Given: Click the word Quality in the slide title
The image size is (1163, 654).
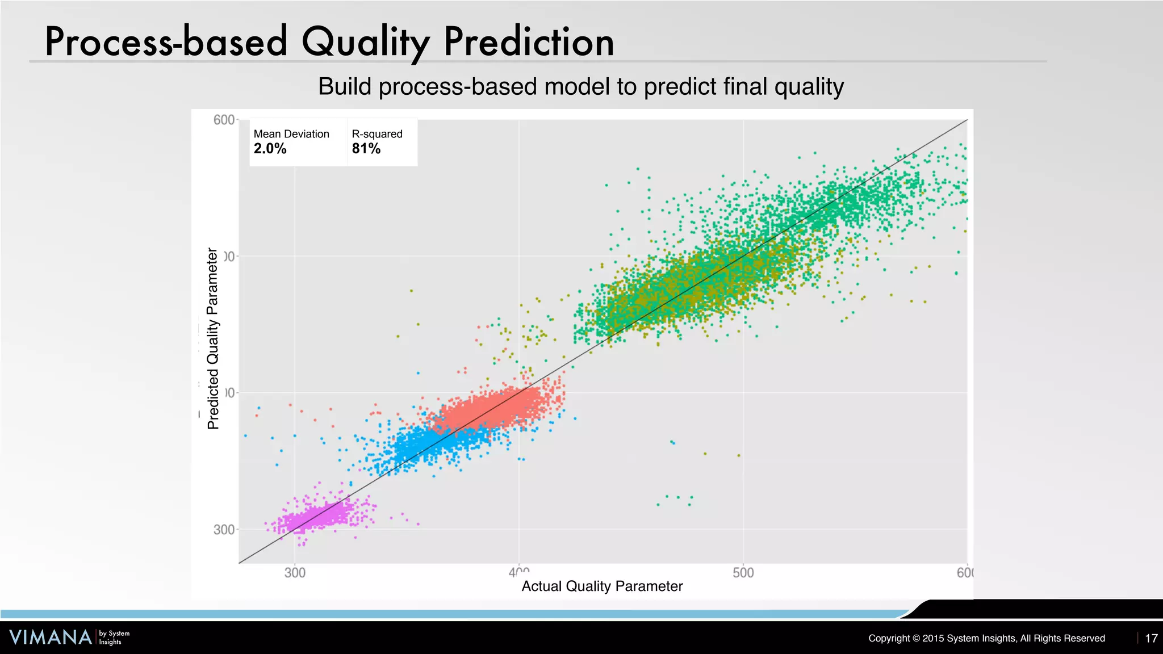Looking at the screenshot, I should pyautogui.click(x=365, y=43).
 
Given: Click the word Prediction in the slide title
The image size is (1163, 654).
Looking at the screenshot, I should pyautogui.click(x=529, y=43).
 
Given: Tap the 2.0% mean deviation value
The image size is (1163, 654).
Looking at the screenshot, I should pyautogui.click(x=270, y=149).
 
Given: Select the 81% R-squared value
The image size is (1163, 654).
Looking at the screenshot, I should pyautogui.click(x=366, y=149).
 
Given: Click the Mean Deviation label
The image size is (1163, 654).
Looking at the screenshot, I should pyautogui.click(x=291, y=134).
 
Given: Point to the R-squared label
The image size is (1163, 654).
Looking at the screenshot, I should pyautogui.click(x=376, y=134).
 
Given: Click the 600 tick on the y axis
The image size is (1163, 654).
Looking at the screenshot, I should pyautogui.click(x=224, y=120).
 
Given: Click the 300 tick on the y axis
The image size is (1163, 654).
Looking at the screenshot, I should pyautogui.click(x=224, y=529).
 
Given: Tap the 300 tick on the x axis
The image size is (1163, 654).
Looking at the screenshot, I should pyautogui.click(x=295, y=573).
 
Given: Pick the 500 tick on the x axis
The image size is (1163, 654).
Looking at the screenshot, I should pyautogui.click(x=743, y=573).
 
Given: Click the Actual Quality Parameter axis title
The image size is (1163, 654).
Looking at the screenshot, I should pyautogui.click(x=602, y=586).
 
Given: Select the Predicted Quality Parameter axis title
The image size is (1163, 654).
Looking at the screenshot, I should pyautogui.click(x=213, y=338).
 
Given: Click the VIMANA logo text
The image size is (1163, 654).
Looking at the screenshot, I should pyautogui.click(x=51, y=637).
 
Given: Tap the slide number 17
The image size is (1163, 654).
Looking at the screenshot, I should pyautogui.click(x=1151, y=638).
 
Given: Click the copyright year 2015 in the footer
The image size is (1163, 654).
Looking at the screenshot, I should pyautogui.click(x=933, y=638).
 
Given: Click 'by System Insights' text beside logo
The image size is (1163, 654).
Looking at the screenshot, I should pyautogui.click(x=114, y=638).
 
